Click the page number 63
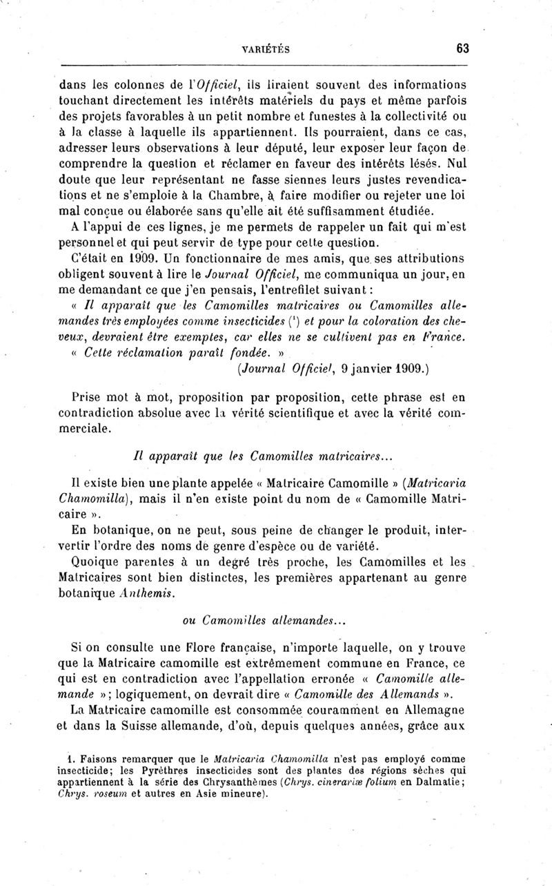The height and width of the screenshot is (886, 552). (462, 48)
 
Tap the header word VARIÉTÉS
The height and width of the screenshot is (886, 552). (266, 49)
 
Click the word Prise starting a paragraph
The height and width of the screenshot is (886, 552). (89, 398)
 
